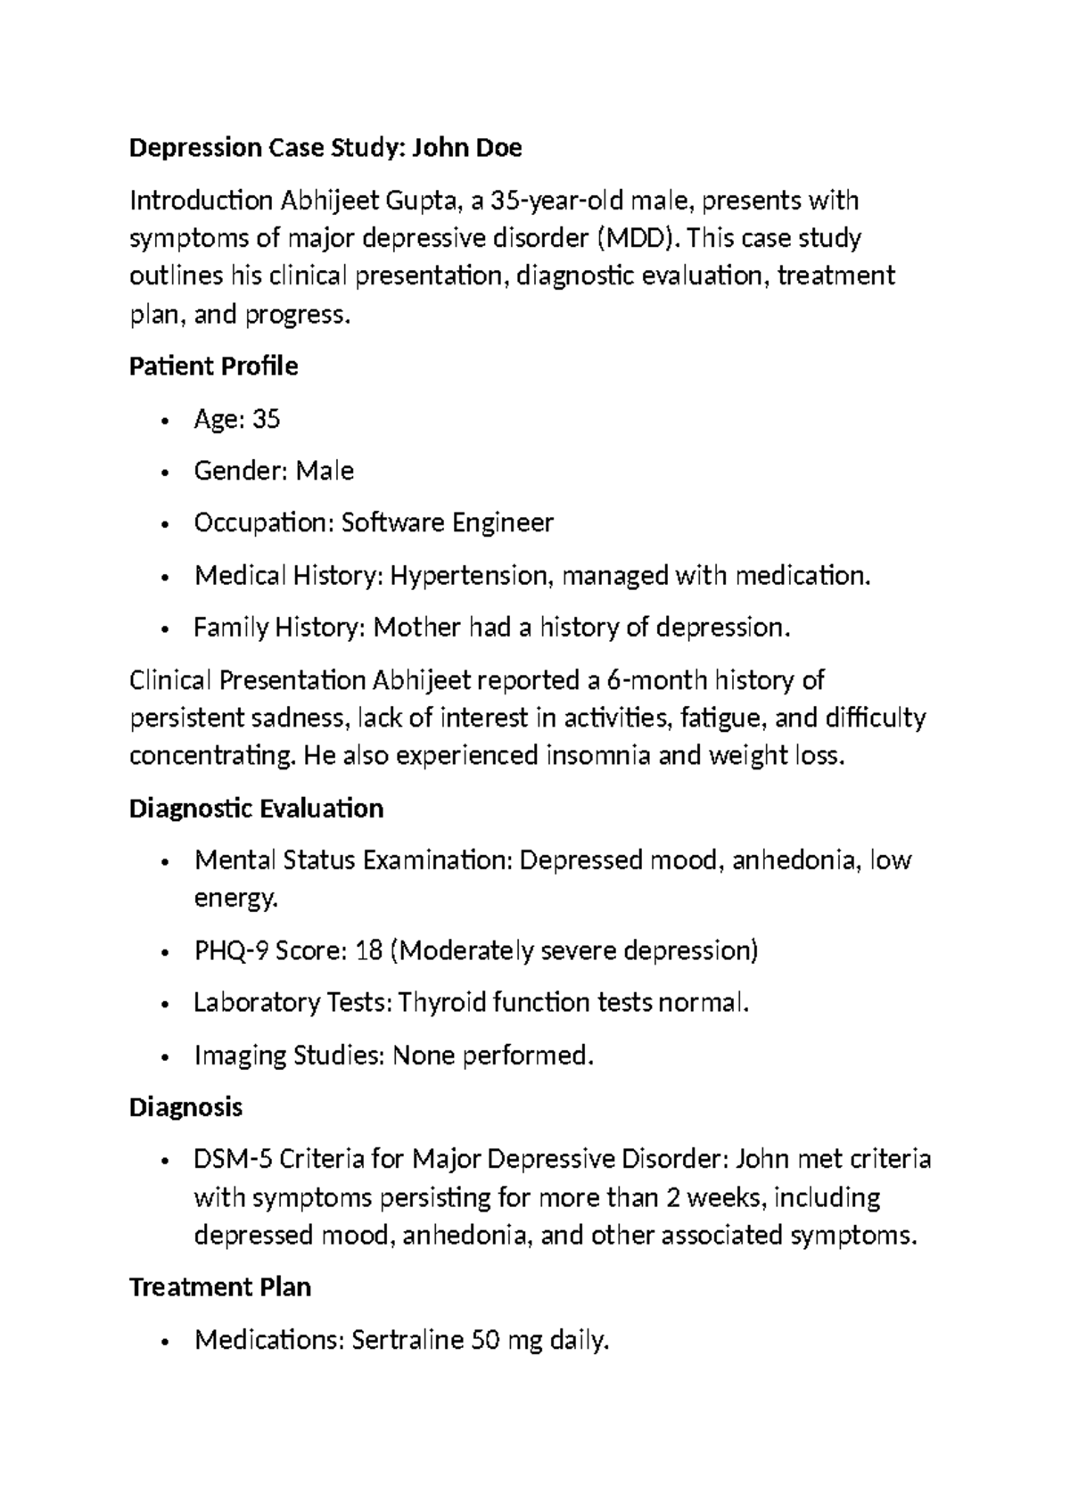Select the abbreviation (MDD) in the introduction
(631, 239)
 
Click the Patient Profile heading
(213, 366)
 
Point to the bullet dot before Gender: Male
(165, 472)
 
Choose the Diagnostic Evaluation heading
(256, 809)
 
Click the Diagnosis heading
(185, 1107)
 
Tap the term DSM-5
(233, 1160)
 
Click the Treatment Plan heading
(219, 1287)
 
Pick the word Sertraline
(408, 1340)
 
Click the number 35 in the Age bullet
(267, 419)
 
